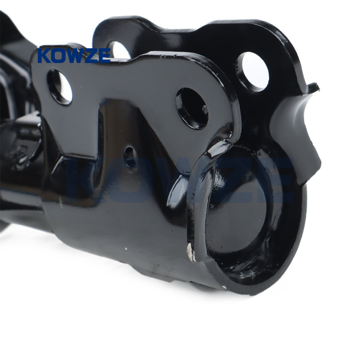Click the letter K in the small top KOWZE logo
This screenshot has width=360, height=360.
tap(44, 55)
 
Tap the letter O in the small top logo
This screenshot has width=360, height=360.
tap(59, 55)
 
